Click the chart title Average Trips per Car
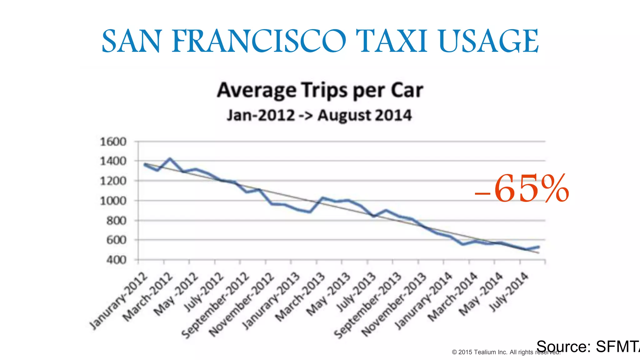pos(320,90)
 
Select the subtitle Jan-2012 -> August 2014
pos(319,115)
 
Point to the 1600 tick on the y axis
pos(113,142)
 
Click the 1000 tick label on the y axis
pos(113,201)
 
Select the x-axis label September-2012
pos(216,305)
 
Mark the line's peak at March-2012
pos(170,159)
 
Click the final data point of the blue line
pos(538,247)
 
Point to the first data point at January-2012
pos(145,164)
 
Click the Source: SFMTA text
pos(587,346)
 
